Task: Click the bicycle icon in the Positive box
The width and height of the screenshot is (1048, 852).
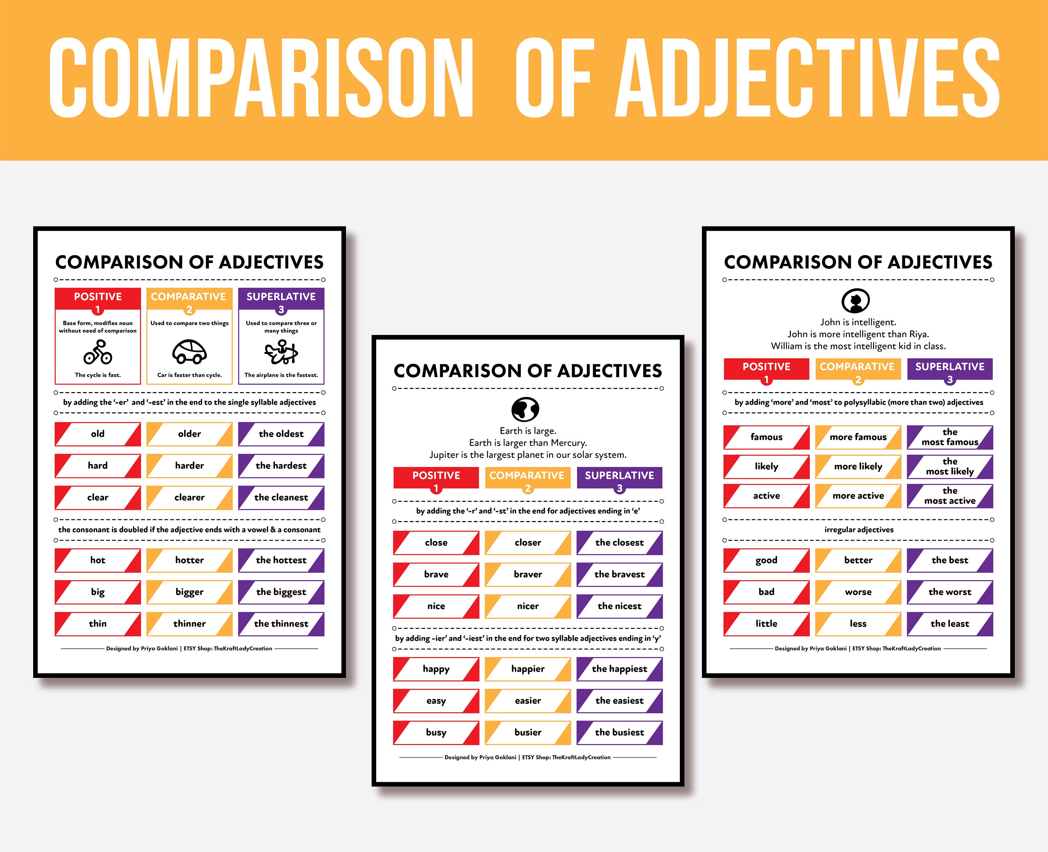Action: tap(97, 352)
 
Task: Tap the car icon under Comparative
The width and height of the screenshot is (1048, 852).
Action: tap(189, 352)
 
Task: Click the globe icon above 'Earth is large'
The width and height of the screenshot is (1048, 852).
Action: tap(525, 409)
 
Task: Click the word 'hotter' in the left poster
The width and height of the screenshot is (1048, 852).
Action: tap(189, 560)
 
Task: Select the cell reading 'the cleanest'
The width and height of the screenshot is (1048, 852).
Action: tap(281, 497)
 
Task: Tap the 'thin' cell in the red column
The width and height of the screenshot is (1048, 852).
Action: tap(97, 623)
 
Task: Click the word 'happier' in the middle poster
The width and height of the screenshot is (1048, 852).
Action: tap(528, 669)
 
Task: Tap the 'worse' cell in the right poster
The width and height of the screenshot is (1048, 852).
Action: tap(858, 592)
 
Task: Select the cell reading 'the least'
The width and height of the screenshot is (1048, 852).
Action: tap(950, 623)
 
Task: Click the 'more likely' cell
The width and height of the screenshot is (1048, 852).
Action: tap(858, 466)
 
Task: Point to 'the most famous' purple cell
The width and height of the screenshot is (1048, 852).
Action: tap(950, 437)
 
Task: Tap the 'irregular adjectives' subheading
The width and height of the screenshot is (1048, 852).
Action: tap(859, 529)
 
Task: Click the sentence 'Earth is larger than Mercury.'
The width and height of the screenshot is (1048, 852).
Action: tap(528, 443)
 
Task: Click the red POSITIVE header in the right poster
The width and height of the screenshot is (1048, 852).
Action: tap(766, 367)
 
